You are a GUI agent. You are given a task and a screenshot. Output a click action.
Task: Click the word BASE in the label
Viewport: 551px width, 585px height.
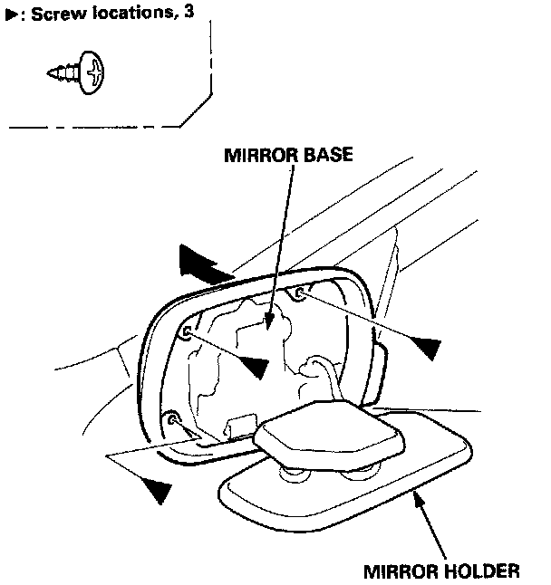tap(322, 155)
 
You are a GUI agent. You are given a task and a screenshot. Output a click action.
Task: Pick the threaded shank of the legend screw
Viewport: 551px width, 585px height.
tap(63, 72)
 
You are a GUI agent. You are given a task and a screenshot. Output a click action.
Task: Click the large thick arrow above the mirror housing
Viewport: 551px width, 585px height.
tap(203, 263)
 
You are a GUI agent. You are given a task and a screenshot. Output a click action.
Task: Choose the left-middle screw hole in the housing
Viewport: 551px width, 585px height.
tap(187, 333)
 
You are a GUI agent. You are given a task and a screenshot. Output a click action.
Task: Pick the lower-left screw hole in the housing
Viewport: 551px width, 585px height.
tap(171, 418)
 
